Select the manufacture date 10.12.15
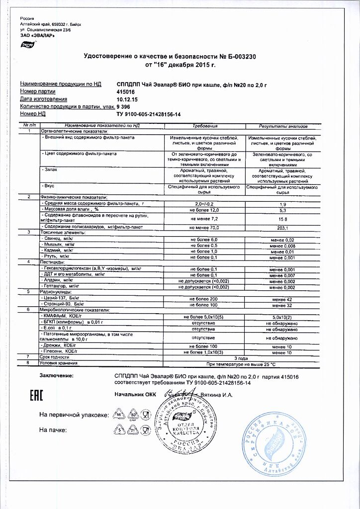(x=126, y=99)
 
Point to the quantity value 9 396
(x=124, y=107)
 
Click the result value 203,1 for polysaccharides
(x=283, y=228)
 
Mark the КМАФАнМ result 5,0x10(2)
(x=283, y=316)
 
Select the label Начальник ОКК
(x=135, y=395)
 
